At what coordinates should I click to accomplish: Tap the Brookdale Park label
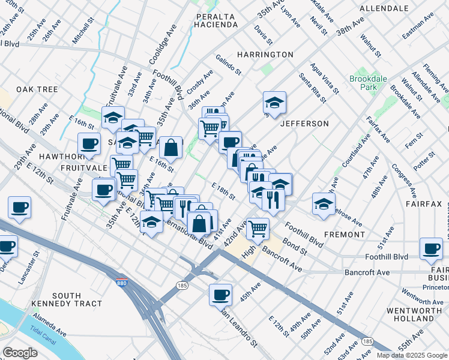[364, 83]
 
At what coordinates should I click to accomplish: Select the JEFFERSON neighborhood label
[304, 124]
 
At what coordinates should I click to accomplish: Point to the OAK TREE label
[37, 89]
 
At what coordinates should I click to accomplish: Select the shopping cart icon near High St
[258, 227]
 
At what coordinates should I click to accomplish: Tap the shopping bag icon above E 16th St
[171, 146]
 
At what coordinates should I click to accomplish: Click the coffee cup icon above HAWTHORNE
[89, 143]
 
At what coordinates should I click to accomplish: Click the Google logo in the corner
[20, 353]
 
